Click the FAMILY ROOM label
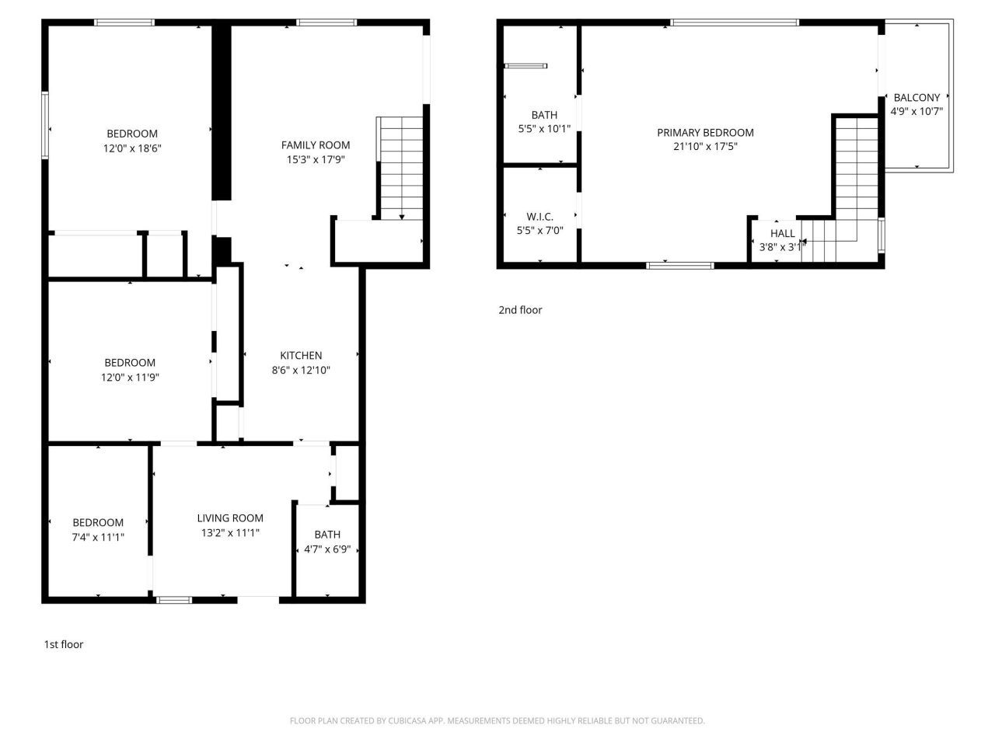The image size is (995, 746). (315, 145)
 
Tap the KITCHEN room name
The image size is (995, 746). (301, 356)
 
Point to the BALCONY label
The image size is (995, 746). (916, 97)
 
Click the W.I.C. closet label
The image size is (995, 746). (539, 217)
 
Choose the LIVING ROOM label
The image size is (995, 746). (230, 518)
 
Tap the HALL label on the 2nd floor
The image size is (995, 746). (782, 233)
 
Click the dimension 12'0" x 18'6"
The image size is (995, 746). (132, 148)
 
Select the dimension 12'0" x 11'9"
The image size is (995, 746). (130, 377)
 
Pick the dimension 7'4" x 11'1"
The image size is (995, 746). (98, 537)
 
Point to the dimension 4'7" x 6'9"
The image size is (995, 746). (327, 549)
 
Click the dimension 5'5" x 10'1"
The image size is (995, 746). (544, 129)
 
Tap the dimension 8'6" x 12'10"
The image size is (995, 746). (301, 371)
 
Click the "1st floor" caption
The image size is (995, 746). (63, 644)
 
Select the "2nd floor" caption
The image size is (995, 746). (520, 310)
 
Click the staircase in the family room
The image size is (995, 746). (400, 167)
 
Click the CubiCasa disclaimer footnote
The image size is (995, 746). (497, 721)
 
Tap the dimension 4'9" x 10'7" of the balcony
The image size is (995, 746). (916, 111)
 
